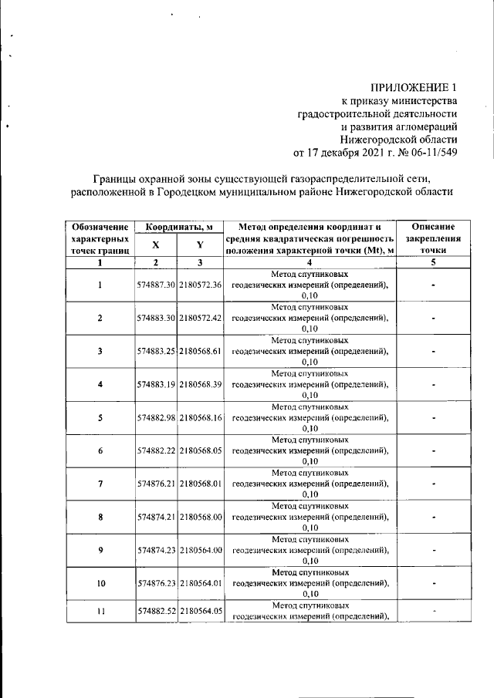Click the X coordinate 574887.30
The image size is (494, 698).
[x=156, y=285]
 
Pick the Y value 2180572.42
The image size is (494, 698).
[x=200, y=318]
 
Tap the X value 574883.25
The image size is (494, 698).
[x=156, y=351]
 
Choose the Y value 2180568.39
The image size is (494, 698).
[x=200, y=384]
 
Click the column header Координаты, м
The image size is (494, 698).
[x=179, y=227]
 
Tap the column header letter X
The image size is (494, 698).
[x=155, y=244]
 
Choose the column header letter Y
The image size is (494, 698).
[x=200, y=244]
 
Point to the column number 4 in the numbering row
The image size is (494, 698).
[x=309, y=262]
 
